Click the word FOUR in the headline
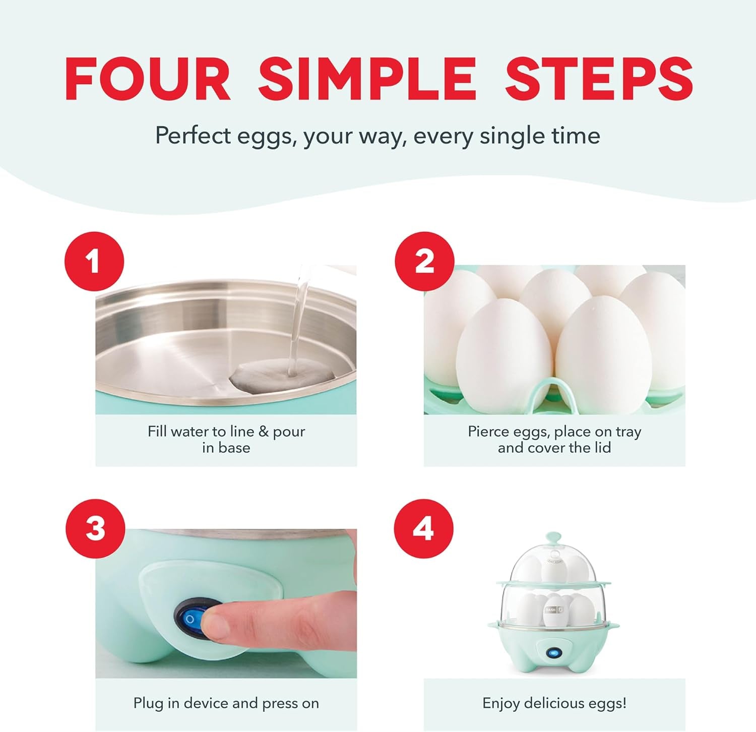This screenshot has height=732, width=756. (x=148, y=79)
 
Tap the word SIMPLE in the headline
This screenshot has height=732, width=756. (x=367, y=79)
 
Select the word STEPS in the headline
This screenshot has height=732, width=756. (x=599, y=79)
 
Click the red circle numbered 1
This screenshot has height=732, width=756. (x=94, y=262)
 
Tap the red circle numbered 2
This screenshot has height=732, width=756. (x=424, y=262)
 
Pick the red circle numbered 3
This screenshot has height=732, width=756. (x=95, y=529)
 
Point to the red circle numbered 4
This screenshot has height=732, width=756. (x=423, y=529)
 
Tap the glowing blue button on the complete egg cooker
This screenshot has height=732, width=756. (x=554, y=653)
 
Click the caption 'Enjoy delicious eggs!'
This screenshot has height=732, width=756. (x=554, y=703)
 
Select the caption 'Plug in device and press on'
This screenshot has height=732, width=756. (x=226, y=703)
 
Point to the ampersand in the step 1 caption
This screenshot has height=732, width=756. (x=264, y=432)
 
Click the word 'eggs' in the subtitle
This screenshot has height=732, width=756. (x=267, y=136)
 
